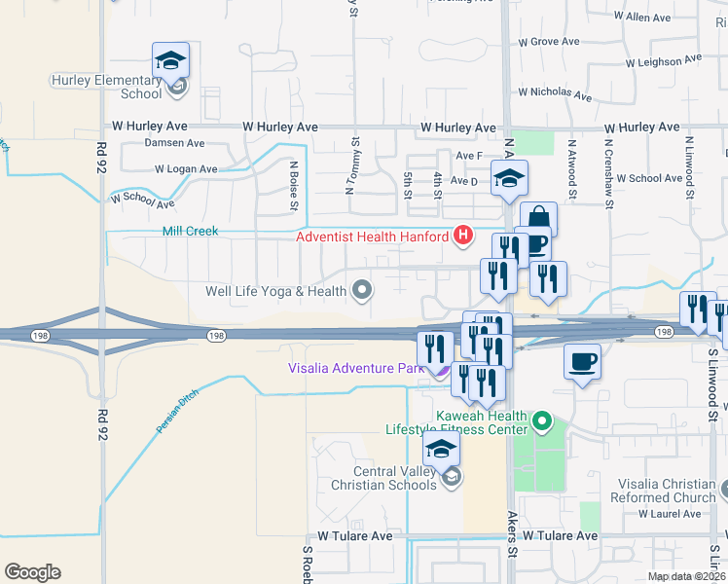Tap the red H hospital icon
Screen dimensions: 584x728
click(463, 235)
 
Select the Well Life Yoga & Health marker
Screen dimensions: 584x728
click(362, 290)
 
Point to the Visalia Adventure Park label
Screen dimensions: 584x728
click(356, 368)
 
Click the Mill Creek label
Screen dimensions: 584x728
click(190, 232)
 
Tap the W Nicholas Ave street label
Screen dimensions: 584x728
click(555, 93)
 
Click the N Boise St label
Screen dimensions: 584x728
click(292, 185)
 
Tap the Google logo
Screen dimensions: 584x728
click(32, 572)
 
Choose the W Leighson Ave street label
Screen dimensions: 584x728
click(664, 61)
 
